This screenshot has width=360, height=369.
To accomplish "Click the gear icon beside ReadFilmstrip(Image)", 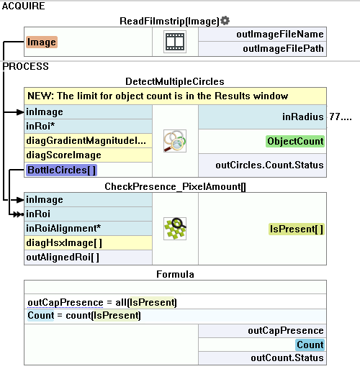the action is tap(225, 21).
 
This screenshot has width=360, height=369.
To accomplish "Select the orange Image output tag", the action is tap(42, 42).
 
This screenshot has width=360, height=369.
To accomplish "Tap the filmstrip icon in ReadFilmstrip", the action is tap(175, 42).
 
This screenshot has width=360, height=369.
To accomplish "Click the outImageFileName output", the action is tap(280, 34).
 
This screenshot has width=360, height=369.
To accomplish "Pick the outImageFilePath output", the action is tap(283, 49).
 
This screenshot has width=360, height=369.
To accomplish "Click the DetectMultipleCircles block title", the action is tap(175, 81).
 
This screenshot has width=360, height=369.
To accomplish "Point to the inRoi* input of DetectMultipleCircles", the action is tap(40, 126).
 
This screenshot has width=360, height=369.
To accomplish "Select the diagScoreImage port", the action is tap(63, 155).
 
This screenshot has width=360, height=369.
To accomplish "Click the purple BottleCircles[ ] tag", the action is tap(61, 170).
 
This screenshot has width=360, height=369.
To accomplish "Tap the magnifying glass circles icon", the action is tap(175, 141).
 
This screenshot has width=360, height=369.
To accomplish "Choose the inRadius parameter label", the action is tap(303, 117).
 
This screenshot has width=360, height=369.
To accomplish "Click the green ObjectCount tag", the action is tap(295, 141).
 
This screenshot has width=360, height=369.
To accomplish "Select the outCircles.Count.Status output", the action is tap(269, 165).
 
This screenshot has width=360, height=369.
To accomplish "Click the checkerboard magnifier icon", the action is tap(175, 229).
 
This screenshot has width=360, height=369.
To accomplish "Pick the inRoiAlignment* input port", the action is tap(63, 228).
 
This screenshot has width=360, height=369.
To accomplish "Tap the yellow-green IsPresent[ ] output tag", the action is tap(297, 229).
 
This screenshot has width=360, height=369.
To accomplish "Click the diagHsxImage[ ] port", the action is tap(64, 243).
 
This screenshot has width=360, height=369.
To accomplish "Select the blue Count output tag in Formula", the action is tap(310, 345).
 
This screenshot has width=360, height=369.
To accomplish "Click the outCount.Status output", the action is tap(287, 357).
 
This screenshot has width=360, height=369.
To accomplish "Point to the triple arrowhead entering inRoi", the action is tap(19, 214).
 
